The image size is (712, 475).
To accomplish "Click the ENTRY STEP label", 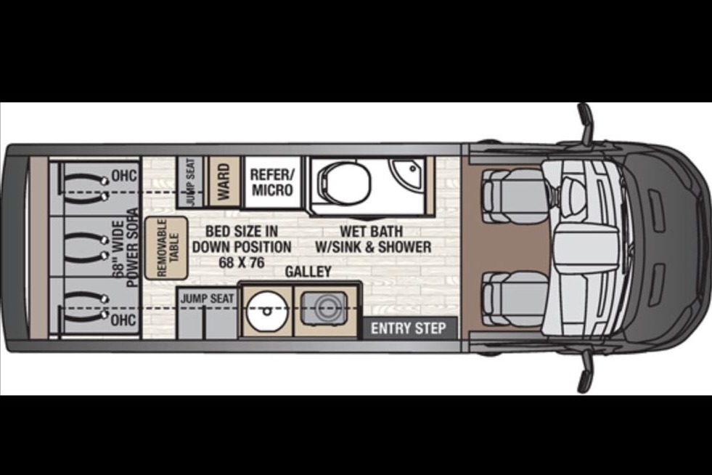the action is tap(408, 328).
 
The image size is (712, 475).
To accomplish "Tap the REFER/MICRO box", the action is tap(272, 182).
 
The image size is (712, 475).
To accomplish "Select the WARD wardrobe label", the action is tap(224, 182).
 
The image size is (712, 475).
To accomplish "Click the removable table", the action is tap(166, 248).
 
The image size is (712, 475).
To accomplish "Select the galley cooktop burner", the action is tap(324, 309).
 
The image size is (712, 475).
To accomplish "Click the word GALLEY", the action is tap(308, 272).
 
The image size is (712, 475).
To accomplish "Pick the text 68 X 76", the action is tap(242, 262).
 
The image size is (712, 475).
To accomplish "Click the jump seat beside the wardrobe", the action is tap(191, 182).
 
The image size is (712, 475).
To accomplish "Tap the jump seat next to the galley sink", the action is tap(208, 314).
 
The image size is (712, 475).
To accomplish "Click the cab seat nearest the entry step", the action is tap(514, 296).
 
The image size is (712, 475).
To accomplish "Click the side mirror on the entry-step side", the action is tap(586, 373).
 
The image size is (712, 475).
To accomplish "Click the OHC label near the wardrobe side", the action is tap(124, 176).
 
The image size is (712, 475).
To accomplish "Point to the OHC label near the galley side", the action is tap(123, 320).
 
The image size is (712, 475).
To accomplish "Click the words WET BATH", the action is tap(372, 231).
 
